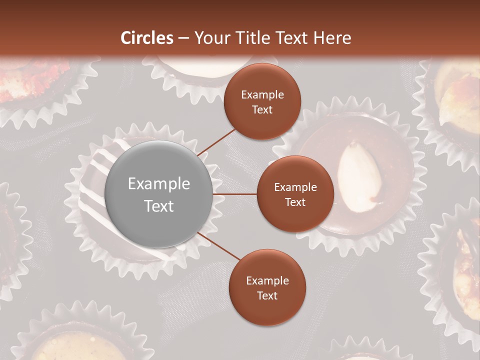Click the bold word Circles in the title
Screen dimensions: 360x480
click(147, 38)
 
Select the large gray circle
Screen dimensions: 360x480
click(159, 194)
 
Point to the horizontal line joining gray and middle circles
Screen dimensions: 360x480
click(235, 194)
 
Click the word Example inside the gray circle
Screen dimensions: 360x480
click(159, 184)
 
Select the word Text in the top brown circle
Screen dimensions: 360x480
click(262, 109)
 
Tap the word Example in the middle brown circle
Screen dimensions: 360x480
click(295, 187)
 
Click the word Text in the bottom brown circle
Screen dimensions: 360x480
click(267, 295)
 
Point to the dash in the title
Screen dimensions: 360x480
click(183, 38)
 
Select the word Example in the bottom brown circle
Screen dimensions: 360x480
click(267, 281)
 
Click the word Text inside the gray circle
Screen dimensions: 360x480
click(159, 206)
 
